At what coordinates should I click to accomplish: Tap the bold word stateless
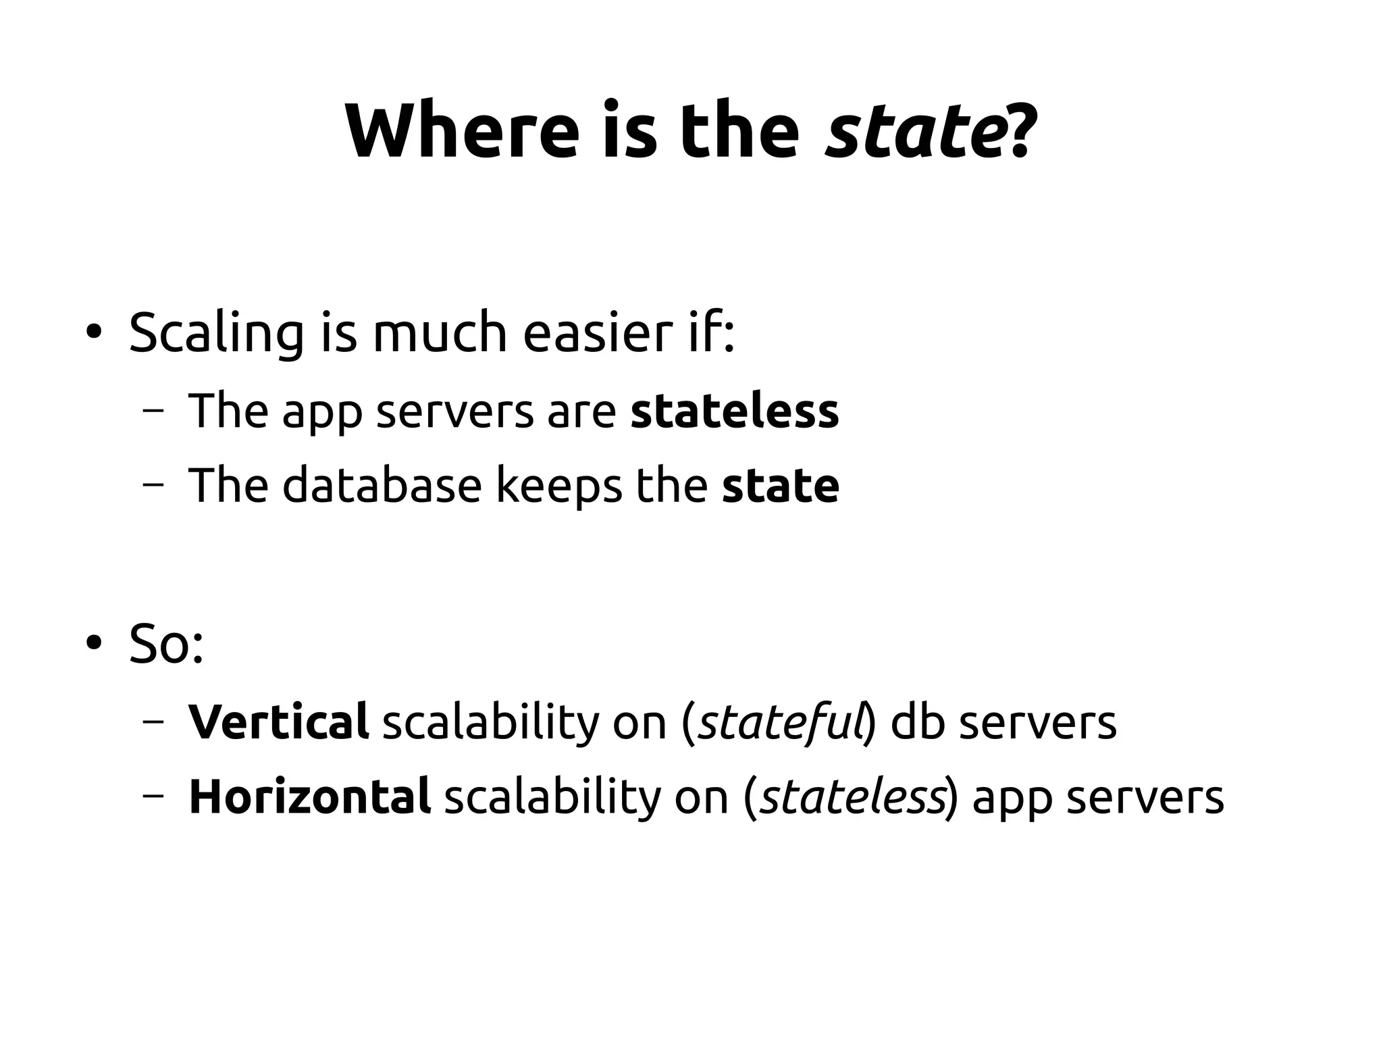point(734,411)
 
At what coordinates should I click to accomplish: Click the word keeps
point(558,486)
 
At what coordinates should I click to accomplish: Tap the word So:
point(166,643)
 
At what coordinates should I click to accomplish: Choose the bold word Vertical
point(278,722)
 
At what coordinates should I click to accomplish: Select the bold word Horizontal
point(309,796)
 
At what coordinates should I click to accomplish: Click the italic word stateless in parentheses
point(852,796)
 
